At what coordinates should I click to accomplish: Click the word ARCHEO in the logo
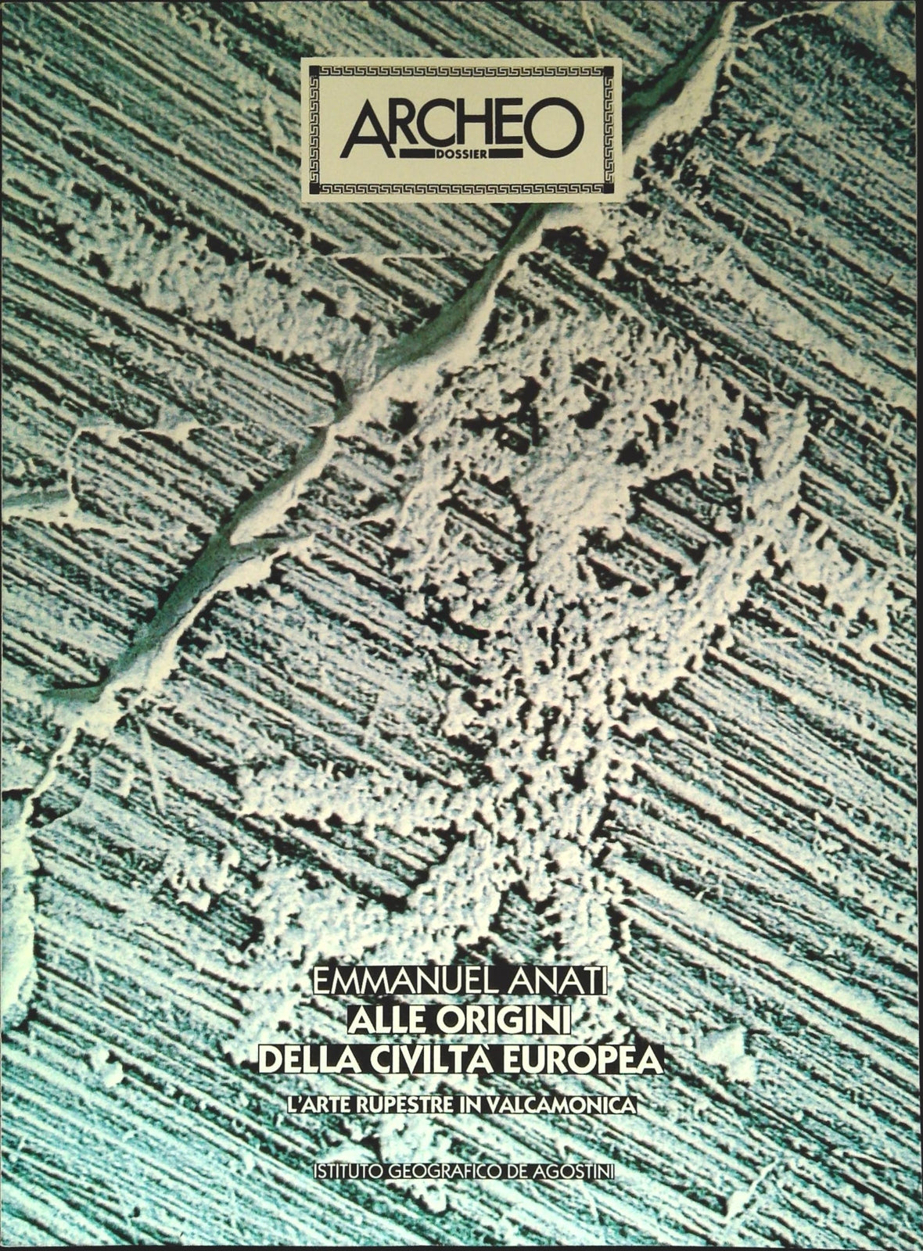461,127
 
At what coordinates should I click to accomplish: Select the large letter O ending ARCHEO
556,127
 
